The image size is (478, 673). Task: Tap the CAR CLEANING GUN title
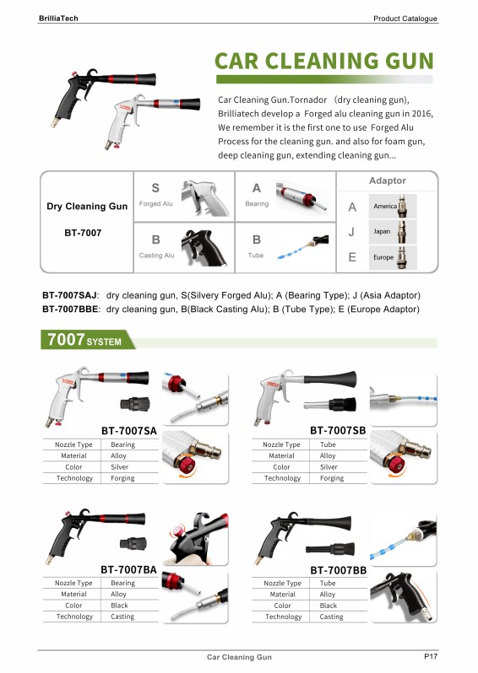324,60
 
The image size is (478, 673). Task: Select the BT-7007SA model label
129,431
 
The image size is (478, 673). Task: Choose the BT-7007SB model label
338,431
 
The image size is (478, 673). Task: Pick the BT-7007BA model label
128,570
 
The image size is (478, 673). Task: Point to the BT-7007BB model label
338,570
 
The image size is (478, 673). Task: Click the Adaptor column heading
388,180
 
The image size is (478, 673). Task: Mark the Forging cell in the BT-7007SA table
122,478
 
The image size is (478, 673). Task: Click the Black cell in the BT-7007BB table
328,606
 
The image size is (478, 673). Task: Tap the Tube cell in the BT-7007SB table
328,444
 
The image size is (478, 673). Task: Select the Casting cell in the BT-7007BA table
122,616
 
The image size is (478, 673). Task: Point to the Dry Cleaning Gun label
87,207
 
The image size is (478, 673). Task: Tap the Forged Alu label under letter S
155,204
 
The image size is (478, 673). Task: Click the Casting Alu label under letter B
157,255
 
